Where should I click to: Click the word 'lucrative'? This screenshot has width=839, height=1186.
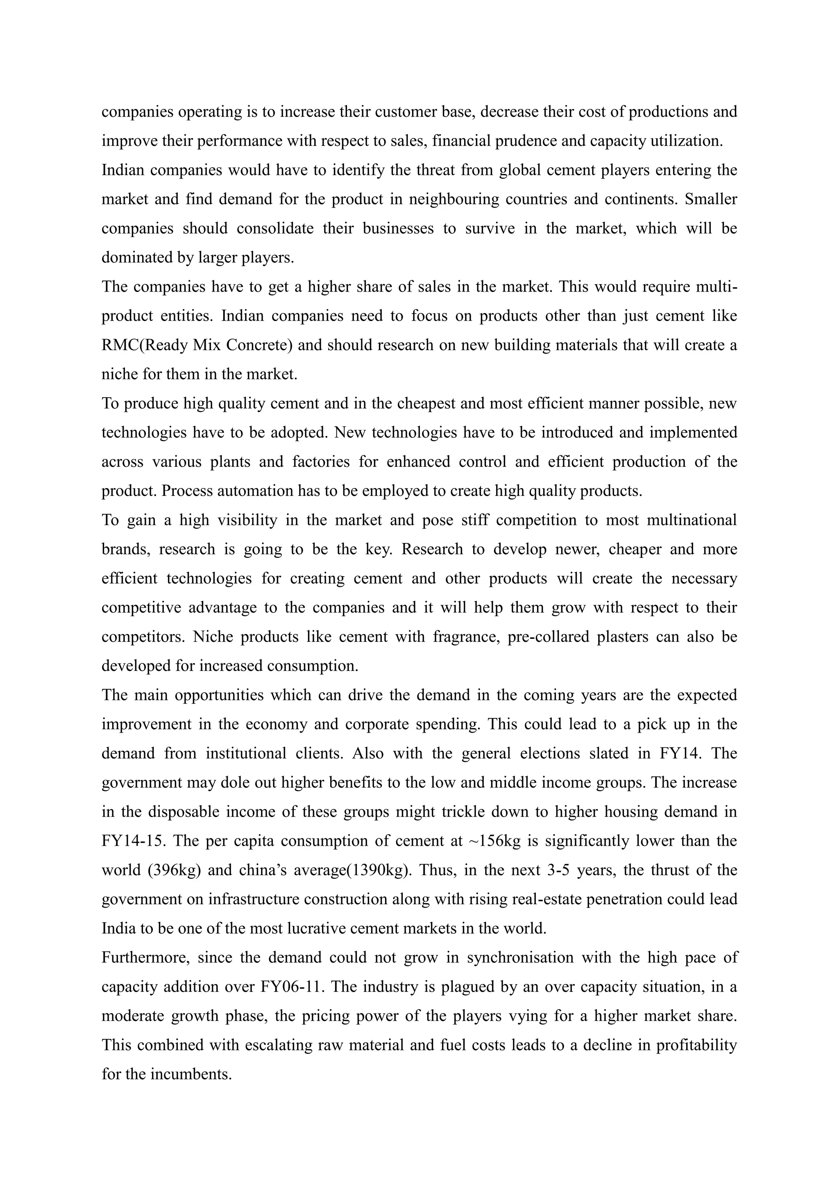click(308, 929)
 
